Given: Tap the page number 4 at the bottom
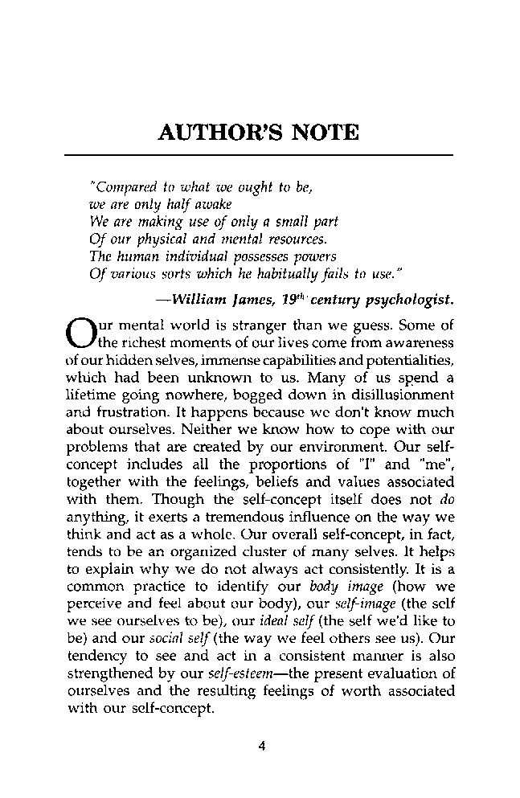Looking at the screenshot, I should [261, 745].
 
